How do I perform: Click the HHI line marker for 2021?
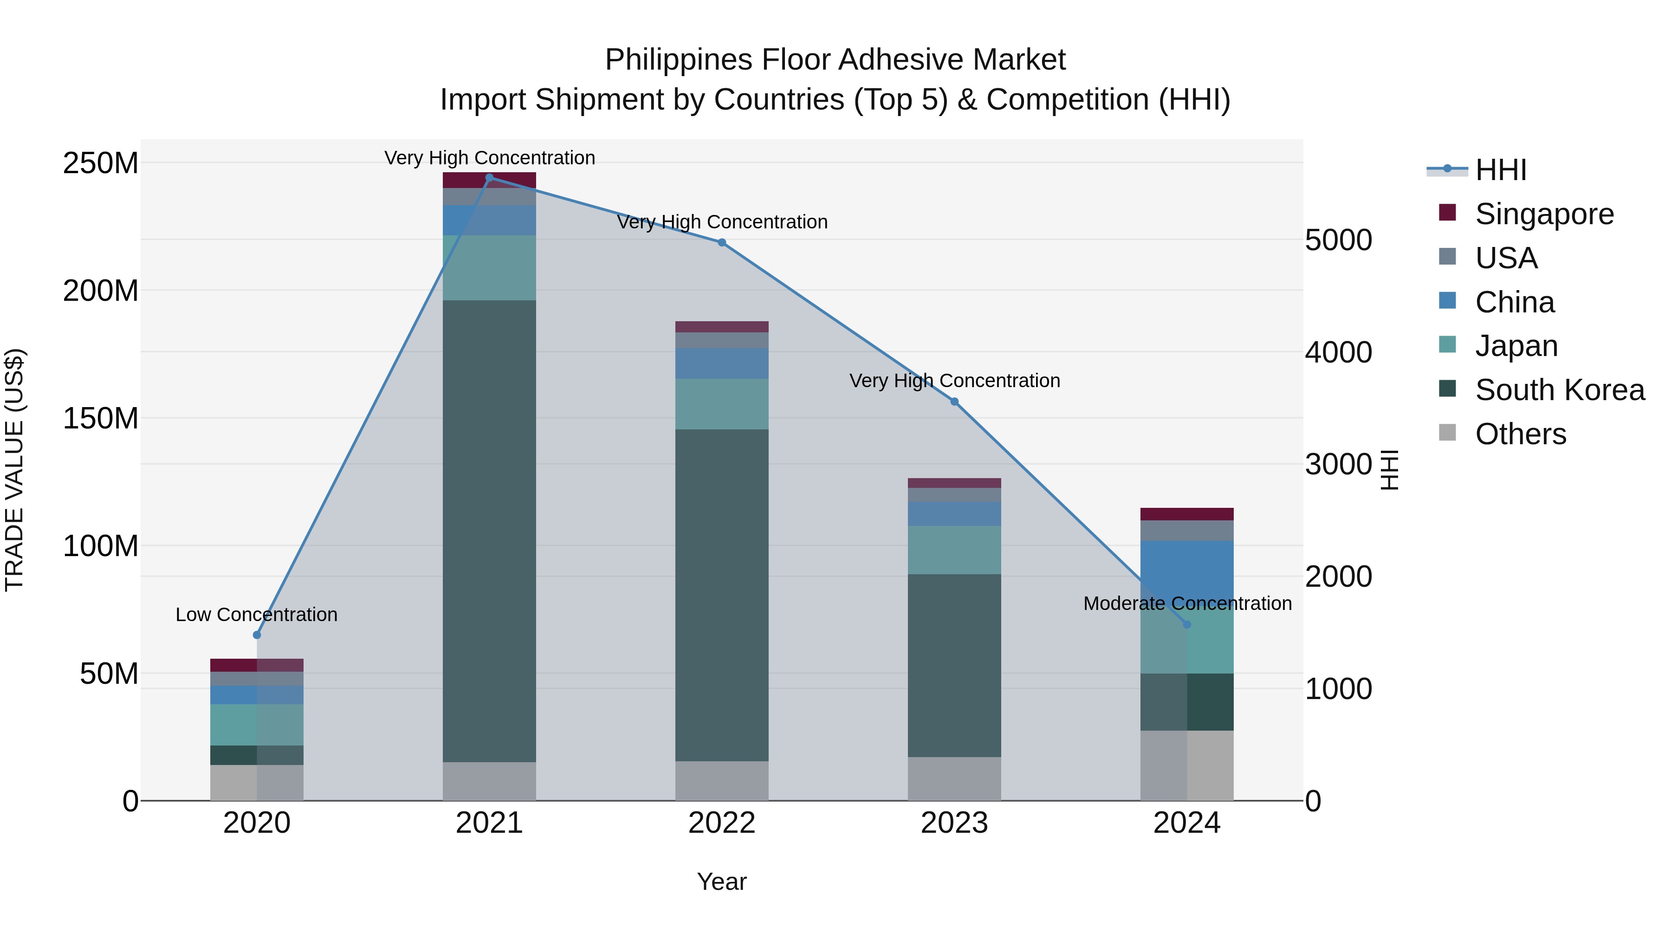tap(489, 177)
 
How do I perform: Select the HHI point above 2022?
tap(721, 243)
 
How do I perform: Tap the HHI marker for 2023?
tap(954, 402)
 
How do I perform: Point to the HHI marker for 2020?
tap(257, 635)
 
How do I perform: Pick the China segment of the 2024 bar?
tap(1186, 564)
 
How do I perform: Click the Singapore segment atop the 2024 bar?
tap(1186, 514)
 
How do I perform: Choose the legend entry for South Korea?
tap(1560, 390)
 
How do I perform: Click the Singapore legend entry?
tap(1544, 214)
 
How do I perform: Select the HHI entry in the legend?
tap(1500, 170)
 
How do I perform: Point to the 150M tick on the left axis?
tap(101, 418)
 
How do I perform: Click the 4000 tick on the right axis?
tap(1338, 352)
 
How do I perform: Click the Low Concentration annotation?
tap(256, 614)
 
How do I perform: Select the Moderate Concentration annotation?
tap(1187, 603)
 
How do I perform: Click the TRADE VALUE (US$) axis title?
tap(15, 470)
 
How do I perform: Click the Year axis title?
tap(721, 882)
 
